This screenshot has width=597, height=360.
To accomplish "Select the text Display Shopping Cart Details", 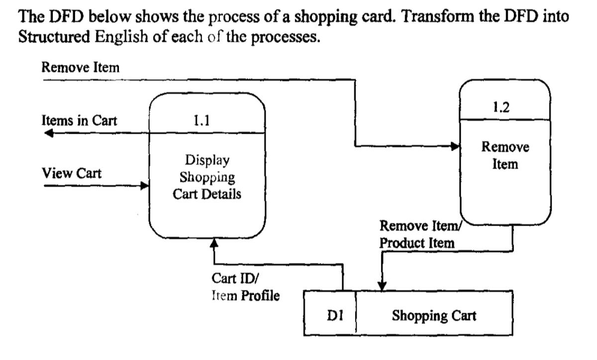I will click(x=207, y=178).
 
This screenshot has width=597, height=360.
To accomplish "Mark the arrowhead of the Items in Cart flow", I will click(x=48, y=133).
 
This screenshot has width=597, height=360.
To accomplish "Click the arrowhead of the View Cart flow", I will click(x=145, y=186).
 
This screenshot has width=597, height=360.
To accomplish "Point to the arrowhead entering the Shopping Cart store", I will click(x=382, y=287).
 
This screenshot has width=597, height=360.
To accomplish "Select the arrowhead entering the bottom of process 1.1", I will click(x=214, y=242).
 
